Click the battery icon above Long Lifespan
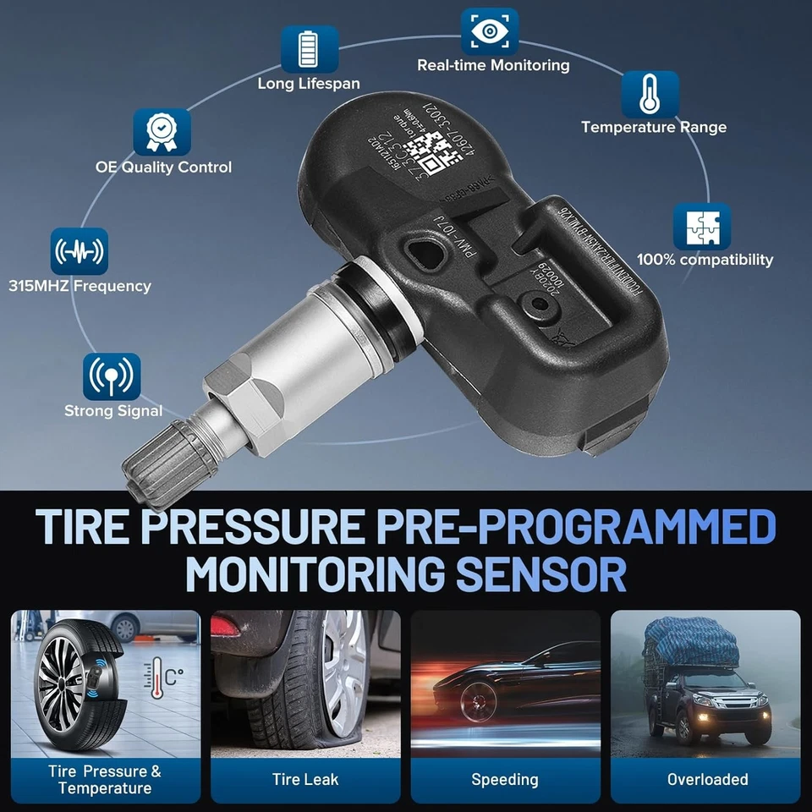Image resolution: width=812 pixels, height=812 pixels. (x=310, y=48)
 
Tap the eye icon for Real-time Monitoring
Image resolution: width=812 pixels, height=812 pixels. (x=489, y=31)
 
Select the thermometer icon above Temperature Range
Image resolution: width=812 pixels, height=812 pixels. (x=650, y=94)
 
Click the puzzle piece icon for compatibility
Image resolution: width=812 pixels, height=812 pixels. (x=701, y=226)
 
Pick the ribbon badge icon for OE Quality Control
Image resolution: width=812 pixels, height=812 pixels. (x=162, y=132)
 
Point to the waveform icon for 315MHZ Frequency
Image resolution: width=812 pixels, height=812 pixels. (x=80, y=251)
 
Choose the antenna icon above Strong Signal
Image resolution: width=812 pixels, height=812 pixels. (x=112, y=376)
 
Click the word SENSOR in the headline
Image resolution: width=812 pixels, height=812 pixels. (x=541, y=574)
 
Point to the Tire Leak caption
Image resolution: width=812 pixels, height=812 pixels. (x=304, y=779)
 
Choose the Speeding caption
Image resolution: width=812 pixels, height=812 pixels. (x=505, y=779)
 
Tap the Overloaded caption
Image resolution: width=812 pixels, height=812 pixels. (x=707, y=779)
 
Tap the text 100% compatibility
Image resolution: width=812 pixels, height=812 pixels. (x=705, y=260)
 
